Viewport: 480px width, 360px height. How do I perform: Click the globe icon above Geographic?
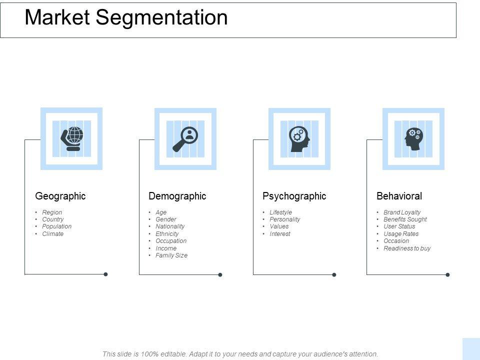[x=71, y=138]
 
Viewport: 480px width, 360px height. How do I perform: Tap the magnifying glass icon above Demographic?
[x=185, y=138]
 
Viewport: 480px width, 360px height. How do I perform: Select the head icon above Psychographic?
[x=299, y=138]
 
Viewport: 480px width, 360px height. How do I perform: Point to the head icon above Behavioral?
[x=413, y=138]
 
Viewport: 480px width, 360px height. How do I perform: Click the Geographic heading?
[x=60, y=196]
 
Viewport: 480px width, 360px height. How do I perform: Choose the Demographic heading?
[x=177, y=196]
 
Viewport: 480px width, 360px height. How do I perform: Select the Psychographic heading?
[x=294, y=196]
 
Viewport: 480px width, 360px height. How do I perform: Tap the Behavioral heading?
[x=399, y=196]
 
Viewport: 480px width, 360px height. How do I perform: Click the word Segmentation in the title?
[x=162, y=17]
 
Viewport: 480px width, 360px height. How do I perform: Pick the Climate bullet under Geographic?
[x=53, y=233]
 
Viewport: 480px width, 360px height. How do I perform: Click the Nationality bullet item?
[x=170, y=226]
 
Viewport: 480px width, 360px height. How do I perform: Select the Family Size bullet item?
[x=171, y=255]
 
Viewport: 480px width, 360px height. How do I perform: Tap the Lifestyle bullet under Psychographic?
[x=280, y=212]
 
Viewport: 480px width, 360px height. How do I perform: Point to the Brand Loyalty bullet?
[x=402, y=212]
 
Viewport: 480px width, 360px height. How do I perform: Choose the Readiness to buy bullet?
[x=407, y=248]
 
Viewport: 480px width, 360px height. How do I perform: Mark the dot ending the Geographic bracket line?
[x=105, y=274]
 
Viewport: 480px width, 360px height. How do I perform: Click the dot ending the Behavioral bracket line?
[x=447, y=274]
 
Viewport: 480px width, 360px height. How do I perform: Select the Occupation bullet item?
[x=171, y=241]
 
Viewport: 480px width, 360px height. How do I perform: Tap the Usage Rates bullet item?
[x=401, y=233]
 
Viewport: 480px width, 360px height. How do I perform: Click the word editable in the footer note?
[x=170, y=354]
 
